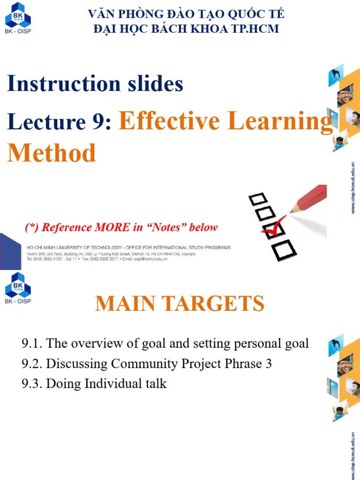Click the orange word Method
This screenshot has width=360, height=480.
click(x=52, y=153)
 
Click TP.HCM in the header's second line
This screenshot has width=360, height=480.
click(x=255, y=29)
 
